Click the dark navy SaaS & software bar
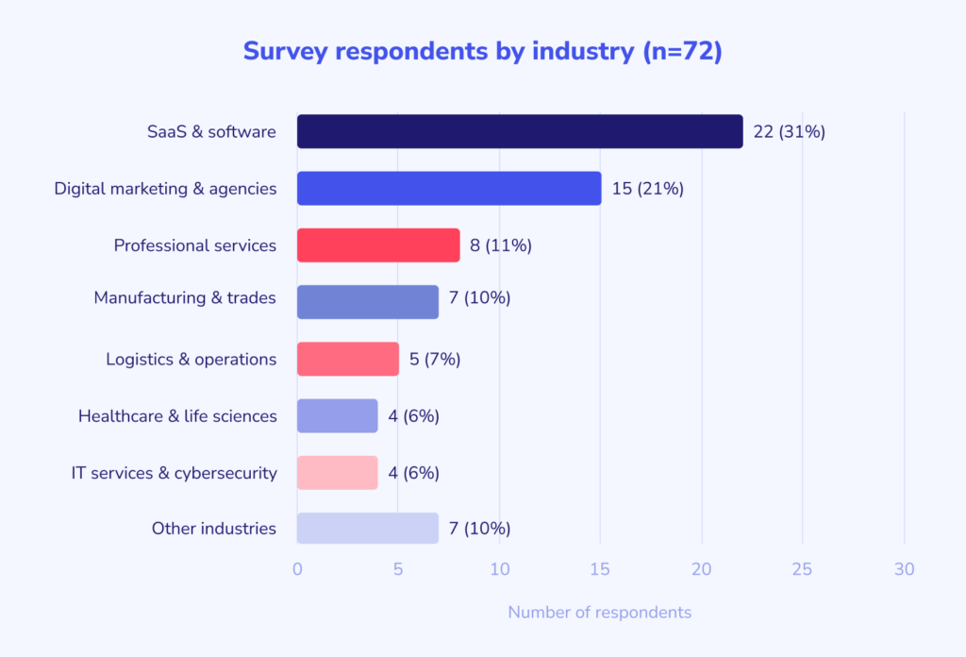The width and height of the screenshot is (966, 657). (x=520, y=132)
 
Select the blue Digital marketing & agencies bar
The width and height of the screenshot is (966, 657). (x=449, y=189)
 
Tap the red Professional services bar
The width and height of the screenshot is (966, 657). (x=378, y=245)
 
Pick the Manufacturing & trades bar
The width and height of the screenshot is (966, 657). (x=368, y=302)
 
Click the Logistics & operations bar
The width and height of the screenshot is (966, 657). (x=348, y=359)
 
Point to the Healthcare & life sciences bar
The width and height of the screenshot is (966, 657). (x=338, y=415)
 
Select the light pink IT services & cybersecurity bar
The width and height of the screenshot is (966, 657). (x=338, y=472)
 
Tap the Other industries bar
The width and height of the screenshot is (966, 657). (x=368, y=529)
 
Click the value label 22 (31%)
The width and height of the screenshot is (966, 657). (x=789, y=132)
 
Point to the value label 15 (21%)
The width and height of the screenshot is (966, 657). (x=647, y=189)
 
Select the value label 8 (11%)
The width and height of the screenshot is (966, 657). (x=501, y=245)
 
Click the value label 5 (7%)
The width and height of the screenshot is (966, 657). (x=435, y=359)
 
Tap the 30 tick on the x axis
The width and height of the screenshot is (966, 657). (x=904, y=569)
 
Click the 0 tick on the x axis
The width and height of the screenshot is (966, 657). (x=297, y=569)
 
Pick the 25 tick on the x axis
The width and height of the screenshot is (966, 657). (x=803, y=569)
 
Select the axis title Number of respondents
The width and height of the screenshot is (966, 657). (x=599, y=613)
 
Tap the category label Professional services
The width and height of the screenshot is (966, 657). (x=195, y=245)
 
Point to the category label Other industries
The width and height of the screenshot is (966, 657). (x=214, y=529)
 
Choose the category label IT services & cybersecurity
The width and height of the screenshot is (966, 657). (x=175, y=472)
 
